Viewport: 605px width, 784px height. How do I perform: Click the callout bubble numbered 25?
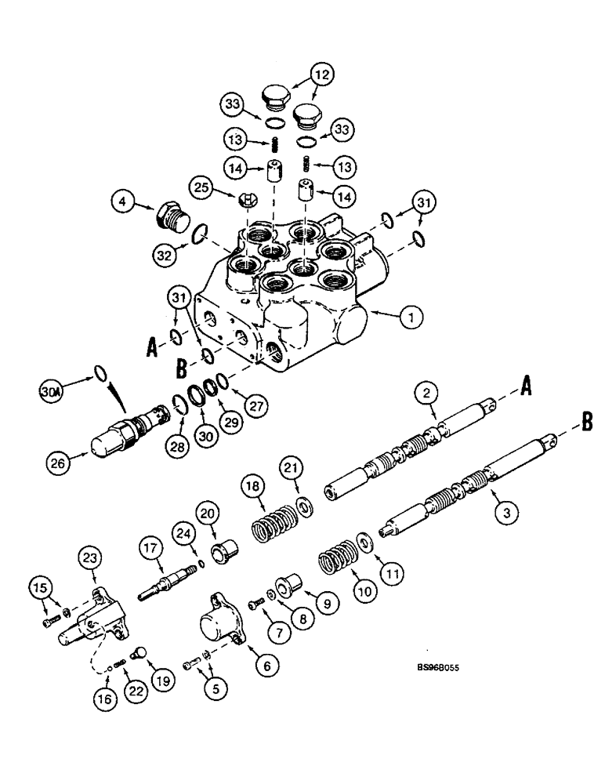click(x=202, y=188)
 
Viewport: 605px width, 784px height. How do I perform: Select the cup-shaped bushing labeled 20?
click(x=228, y=545)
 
